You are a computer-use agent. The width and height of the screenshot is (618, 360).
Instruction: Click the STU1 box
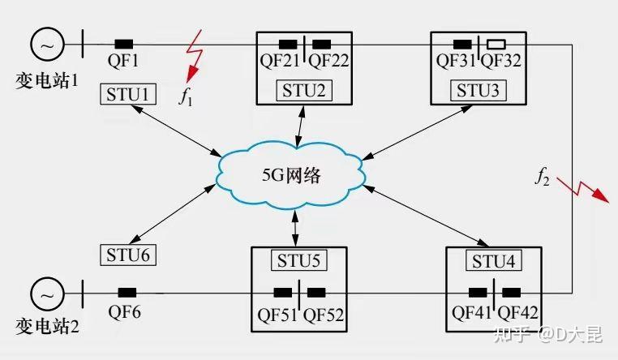coord(127,94)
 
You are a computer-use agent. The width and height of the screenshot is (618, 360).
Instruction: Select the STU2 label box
coord(304,90)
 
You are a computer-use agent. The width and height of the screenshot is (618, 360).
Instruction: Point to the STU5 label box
coord(299,261)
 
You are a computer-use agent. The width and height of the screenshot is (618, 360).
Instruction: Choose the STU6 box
coord(128,254)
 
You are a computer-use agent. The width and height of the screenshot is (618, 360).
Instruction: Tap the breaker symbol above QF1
coord(124,43)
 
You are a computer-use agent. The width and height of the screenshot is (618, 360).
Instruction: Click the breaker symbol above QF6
coord(127,292)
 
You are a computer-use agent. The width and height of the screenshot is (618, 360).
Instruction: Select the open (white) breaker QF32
coord(496,43)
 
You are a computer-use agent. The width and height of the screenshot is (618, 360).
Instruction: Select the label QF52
coord(324,314)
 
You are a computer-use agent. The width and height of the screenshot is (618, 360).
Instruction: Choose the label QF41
coord(472,314)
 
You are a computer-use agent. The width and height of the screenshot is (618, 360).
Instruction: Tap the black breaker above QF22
coord(322,43)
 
